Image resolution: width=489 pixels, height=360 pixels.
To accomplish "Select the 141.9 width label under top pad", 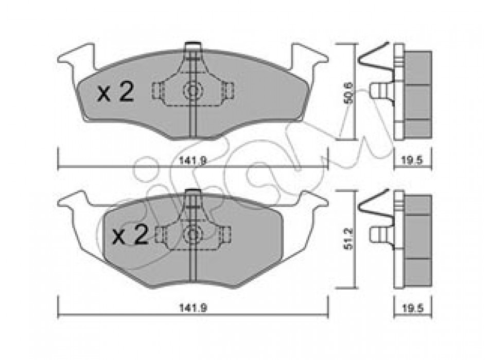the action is tap(193, 161).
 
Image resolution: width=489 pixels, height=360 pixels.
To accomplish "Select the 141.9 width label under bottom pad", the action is tap(193, 308).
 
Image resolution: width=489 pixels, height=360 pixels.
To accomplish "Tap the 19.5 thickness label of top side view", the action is tap(413, 161).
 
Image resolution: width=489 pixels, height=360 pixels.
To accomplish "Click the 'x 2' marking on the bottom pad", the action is tap(130, 235).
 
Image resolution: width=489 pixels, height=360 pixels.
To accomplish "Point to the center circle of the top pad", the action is tap(193, 91).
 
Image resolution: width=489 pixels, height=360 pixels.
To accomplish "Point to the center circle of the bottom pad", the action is tap(193, 234).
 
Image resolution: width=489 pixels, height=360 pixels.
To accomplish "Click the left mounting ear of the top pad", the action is tap(76, 59).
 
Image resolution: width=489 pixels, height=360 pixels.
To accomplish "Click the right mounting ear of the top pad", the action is tap(309, 59).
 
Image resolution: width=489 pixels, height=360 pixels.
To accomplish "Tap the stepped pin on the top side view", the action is tap(381, 91).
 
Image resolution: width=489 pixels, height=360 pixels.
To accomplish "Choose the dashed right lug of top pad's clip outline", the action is tap(228, 91).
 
